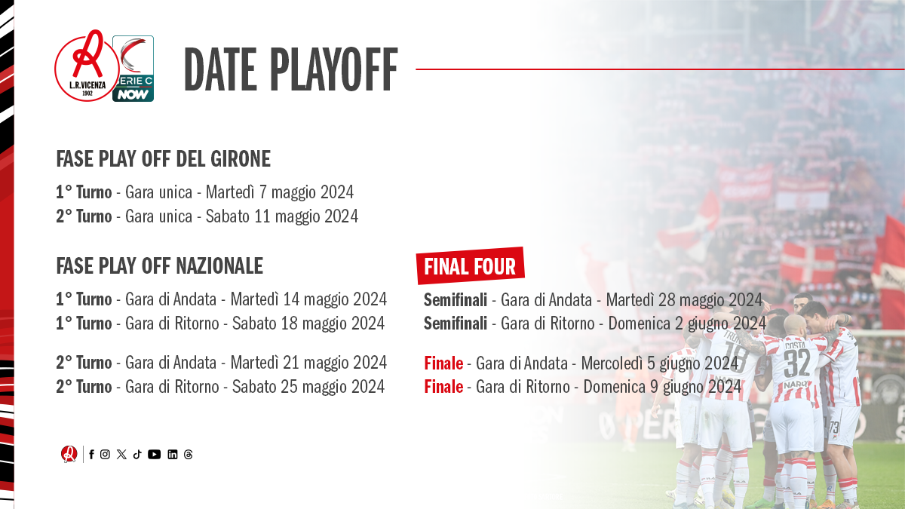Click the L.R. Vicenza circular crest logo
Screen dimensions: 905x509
[87, 66]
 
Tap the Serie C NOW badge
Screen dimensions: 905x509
[133, 69]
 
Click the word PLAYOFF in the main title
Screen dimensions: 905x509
[334, 69]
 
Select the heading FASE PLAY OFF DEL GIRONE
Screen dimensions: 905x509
[163, 159]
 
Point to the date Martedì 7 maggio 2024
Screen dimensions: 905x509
[280, 192]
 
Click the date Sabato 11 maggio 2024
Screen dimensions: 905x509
[282, 216]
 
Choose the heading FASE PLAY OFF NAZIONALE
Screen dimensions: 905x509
[160, 265]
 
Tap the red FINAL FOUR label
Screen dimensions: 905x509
[471, 266]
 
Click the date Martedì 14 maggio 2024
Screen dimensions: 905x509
[308, 299]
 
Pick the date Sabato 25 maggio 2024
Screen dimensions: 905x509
[308, 387]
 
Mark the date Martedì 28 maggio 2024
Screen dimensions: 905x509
[684, 300]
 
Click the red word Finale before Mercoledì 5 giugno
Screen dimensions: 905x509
[443, 363]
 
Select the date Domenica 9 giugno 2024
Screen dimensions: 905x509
[662, 387]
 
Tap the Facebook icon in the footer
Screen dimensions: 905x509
[92, 455]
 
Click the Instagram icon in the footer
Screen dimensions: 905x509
[105, 455]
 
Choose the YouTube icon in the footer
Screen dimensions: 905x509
[154, 455]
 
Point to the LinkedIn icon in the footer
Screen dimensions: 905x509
[173, 455]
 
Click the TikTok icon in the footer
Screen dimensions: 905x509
[137, 455]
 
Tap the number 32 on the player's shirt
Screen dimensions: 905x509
[796, 363]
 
